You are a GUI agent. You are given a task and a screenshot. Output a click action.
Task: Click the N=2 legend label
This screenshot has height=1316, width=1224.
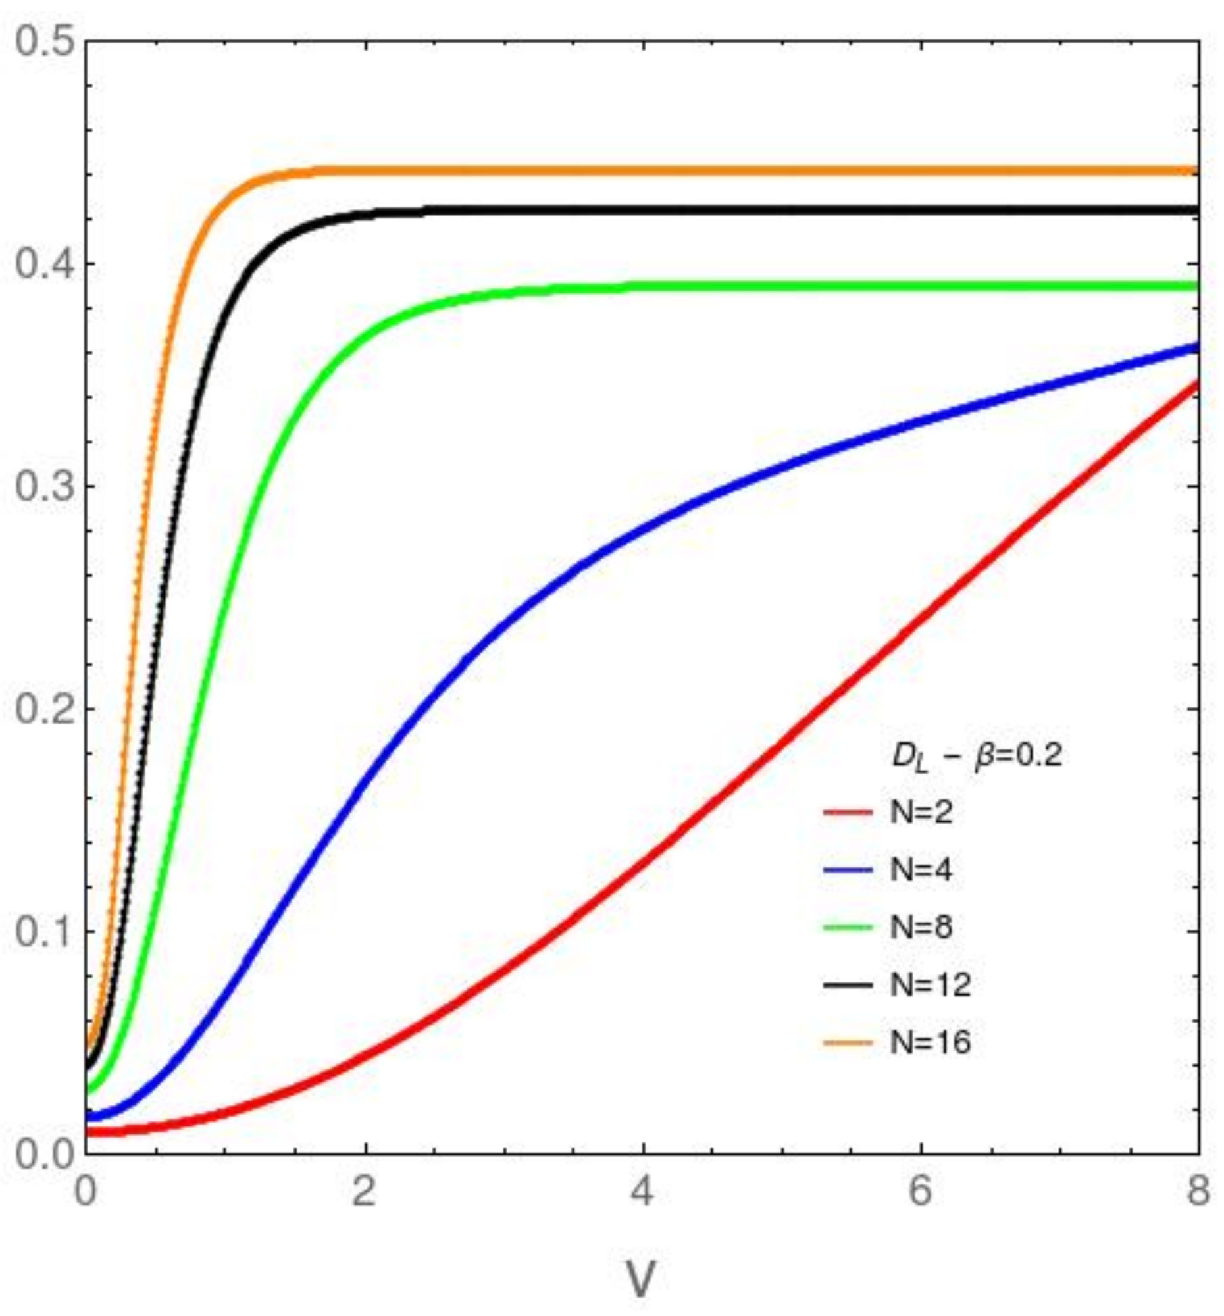tap(921, 812)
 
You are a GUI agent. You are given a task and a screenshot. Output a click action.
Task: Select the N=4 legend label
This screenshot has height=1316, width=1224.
tap(921, 870)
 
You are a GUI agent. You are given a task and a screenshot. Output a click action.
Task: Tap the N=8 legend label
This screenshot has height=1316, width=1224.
tap(921, 927)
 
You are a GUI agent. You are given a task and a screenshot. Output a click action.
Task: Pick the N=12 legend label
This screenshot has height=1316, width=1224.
tap(930, 985)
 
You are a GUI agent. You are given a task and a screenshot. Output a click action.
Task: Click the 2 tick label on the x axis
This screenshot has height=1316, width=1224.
tap(364, 1192)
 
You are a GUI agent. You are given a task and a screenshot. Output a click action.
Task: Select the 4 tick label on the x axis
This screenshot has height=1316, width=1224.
tap(642, 1192)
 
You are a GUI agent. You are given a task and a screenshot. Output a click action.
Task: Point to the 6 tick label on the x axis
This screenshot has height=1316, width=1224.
tap(920, 1192)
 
